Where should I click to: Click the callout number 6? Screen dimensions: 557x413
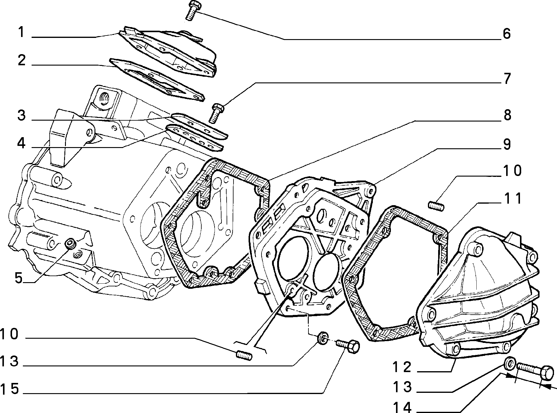coord(506,34)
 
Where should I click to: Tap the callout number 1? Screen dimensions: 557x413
coord(21,32)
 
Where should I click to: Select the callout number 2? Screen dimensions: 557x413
coord(21,60)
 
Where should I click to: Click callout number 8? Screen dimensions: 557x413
coord(507,115)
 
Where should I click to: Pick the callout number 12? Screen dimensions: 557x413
coord(401,367)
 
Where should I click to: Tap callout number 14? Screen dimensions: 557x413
coord(402,408)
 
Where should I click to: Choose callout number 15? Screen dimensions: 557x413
coord(10,389)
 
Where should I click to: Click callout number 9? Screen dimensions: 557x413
coord(507,144)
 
